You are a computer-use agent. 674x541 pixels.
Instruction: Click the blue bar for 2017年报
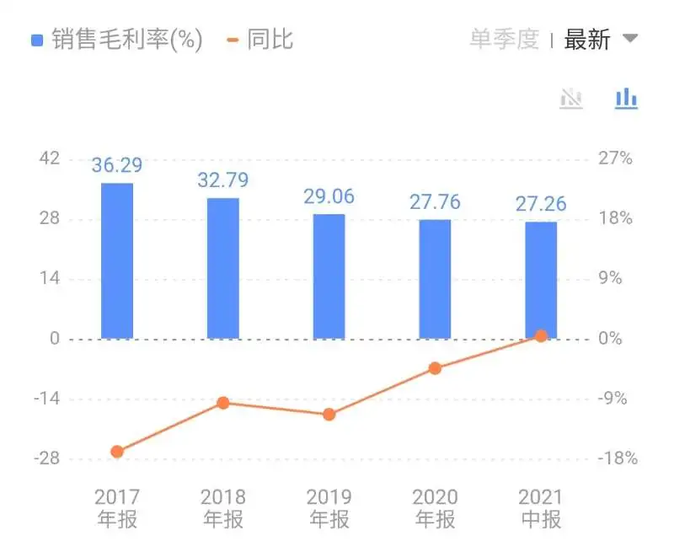(x=117, y=260)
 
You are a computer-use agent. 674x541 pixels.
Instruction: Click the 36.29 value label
(x=117, y=165)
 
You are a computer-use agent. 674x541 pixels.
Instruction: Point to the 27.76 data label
(x=435, y=202)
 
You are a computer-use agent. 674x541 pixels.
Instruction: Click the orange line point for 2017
(x=117, y=452)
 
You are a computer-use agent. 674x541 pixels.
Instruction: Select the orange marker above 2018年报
(x=223, y=403)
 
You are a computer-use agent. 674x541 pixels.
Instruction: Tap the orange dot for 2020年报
(x=435, y=368)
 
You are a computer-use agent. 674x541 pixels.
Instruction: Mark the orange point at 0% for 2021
(x=541, y=335)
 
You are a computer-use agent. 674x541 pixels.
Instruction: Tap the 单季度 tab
(x=504, y=40)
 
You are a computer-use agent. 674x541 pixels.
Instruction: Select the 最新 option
(x=587, y=40)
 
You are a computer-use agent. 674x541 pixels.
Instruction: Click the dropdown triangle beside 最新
(x=629, y=39)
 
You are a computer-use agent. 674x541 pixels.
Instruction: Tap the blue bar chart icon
(x=626, y=99)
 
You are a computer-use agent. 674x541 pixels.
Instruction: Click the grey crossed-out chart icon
(x=571, y=99)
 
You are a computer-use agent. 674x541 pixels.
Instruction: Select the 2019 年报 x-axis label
(x=329, y=507)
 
